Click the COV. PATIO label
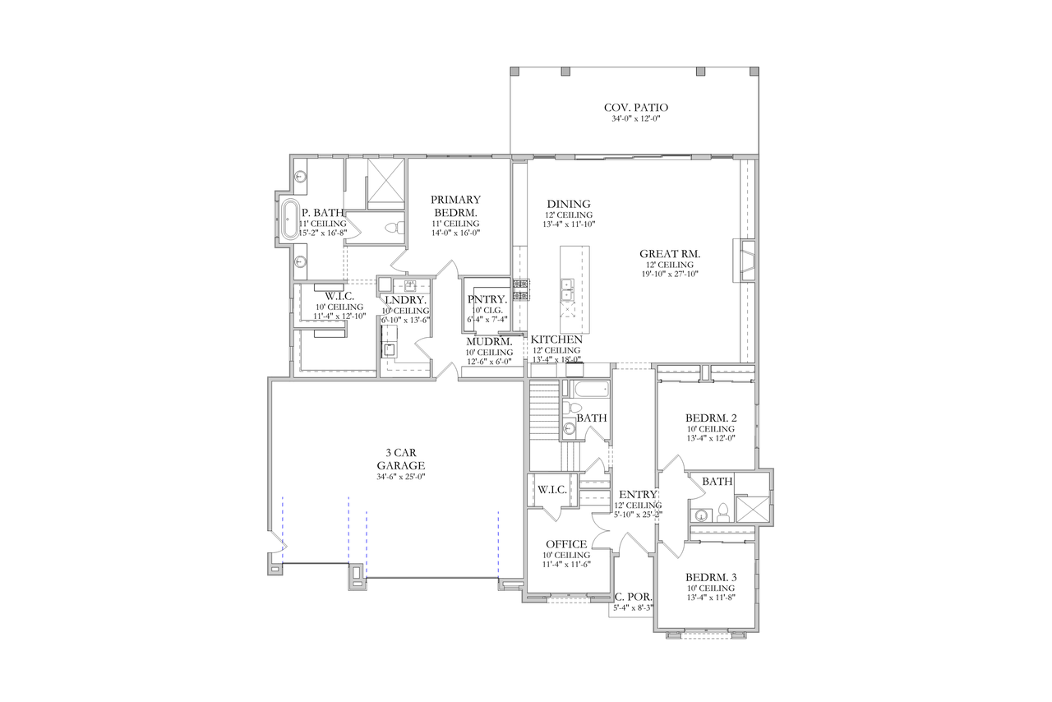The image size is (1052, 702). click(636, 108)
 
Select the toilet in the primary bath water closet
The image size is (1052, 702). click(394, 226)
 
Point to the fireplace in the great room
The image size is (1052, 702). click(747, 261)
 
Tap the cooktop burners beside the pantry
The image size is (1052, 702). click(520, 289)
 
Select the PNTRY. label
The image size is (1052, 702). click(487, 299)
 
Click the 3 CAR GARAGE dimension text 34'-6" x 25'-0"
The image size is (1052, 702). click(400, 477)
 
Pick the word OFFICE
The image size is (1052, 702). click(566, 544)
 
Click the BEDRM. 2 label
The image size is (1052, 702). click(711, 417)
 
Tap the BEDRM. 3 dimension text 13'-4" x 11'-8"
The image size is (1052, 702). click(711, 599)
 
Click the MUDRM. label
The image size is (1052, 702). click(490, 341)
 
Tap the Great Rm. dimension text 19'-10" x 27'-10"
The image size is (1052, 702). click(670, 275)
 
